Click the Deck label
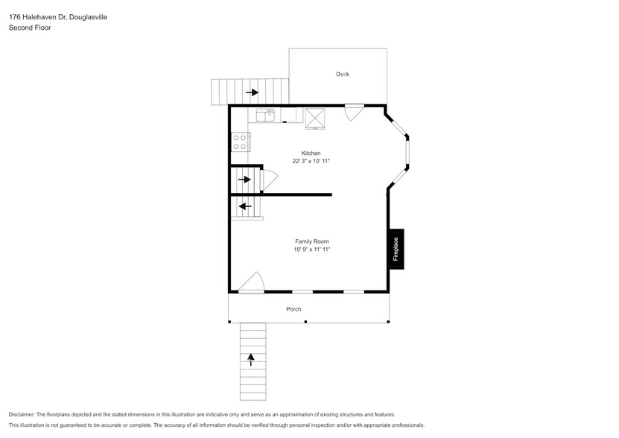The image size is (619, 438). click(342, 74)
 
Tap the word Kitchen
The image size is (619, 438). click(311, 153)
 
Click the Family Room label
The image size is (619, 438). click(311, 241)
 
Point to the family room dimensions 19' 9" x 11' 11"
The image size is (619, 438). click(311, 250)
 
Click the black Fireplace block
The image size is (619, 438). click(396, 248)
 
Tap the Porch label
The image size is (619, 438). click(293, 309)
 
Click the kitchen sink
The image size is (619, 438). click(265, 115)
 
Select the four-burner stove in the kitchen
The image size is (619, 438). click(240, 142)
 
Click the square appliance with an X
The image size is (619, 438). click(315, 115)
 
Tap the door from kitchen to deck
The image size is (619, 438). click(353, 112)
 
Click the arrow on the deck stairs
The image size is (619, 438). click(253, 92)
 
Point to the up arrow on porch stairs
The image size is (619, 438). click(251, 359)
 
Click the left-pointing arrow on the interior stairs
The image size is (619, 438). click(244, 206)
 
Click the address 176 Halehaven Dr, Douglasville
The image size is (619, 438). click(57, 16)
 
